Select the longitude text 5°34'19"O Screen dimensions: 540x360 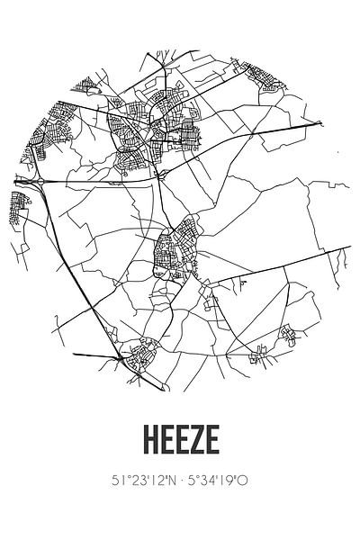pos(220,481)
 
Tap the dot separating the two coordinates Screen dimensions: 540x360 pos(180,481)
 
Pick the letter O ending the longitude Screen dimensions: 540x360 pos(246,481)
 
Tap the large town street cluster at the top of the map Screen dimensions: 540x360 pos(157,135)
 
